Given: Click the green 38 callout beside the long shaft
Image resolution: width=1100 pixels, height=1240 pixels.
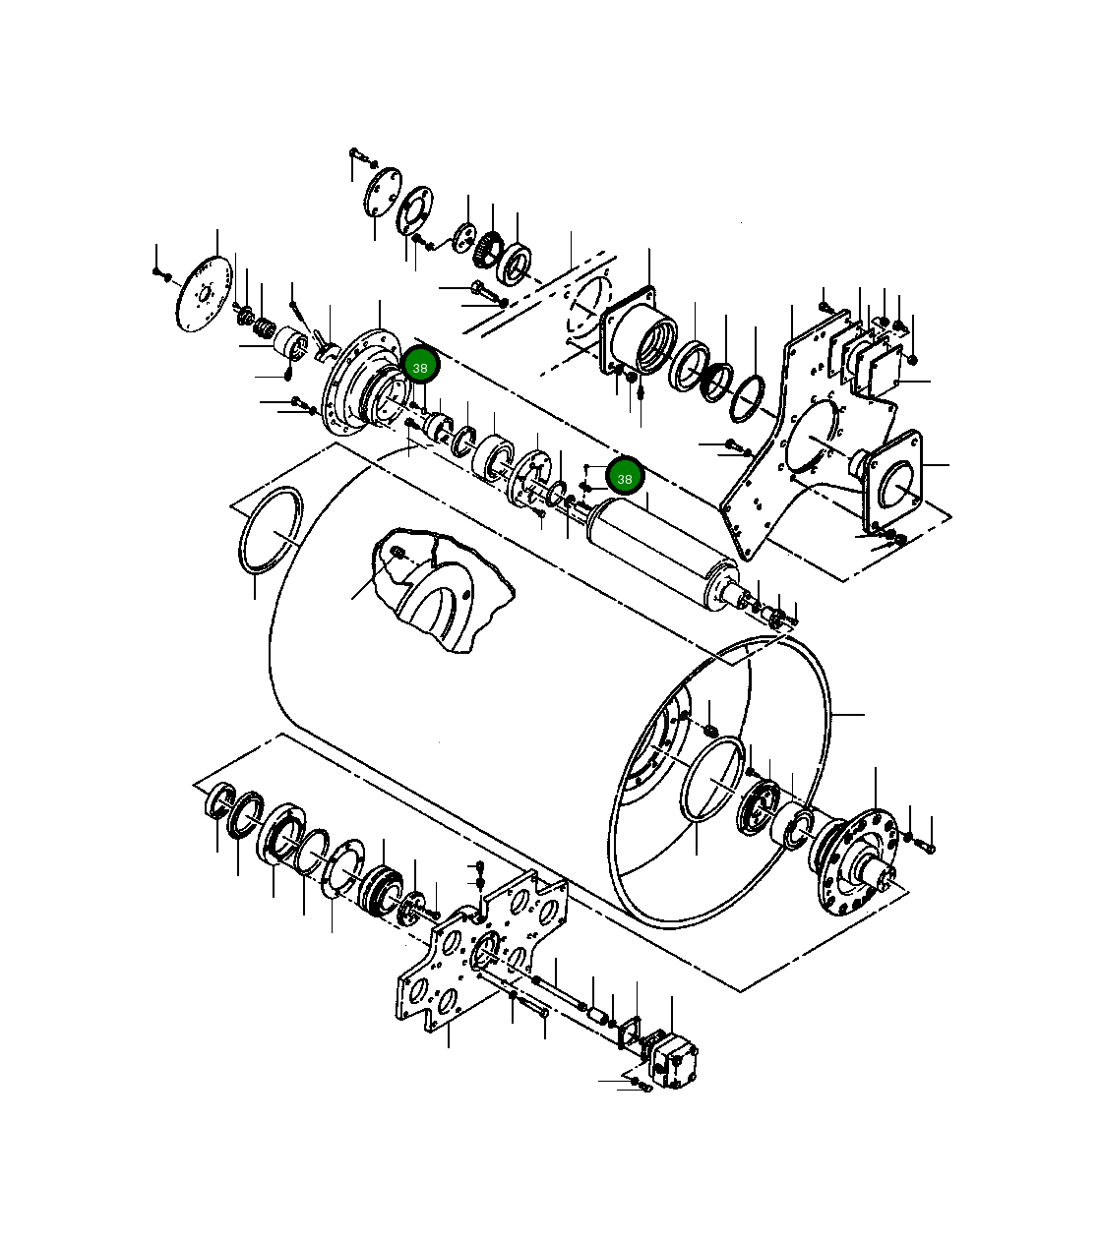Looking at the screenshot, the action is coord(624,478).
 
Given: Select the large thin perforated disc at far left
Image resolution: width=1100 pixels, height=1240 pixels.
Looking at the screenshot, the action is coord(204,294).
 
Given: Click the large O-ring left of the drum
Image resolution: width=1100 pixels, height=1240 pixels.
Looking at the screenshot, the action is coord(271,531).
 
